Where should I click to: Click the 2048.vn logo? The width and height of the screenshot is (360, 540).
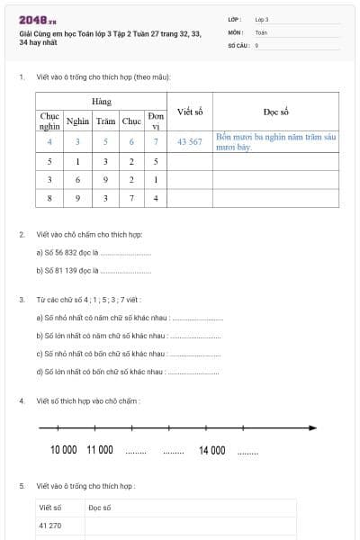(x=37, y=20)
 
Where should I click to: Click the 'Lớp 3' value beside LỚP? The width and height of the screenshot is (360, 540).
(x=262, y=19)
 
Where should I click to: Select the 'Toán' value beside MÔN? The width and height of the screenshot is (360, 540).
(x=261, y=31)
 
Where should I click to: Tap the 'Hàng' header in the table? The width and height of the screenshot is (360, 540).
(x=101, y=101)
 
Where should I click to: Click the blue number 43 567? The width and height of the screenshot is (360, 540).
(x=190, y=141)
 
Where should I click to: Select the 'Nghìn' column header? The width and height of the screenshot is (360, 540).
(x=77, y=121)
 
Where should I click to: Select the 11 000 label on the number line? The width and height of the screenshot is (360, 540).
(x=99, y=449)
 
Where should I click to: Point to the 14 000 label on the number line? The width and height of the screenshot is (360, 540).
(x=211, y=449)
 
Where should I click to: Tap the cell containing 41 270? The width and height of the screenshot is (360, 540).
(x=50, y=525)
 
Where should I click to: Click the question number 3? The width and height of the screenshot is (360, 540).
(x=22, y=299)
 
